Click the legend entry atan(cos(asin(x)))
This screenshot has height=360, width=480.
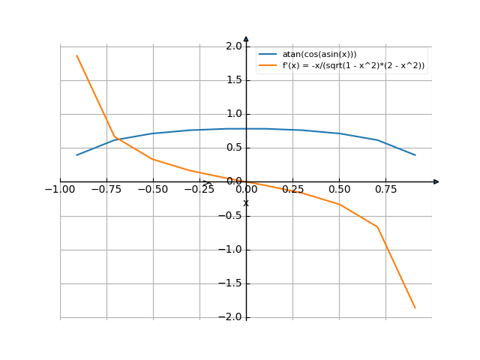[319, 54]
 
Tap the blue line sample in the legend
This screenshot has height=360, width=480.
[268, 54]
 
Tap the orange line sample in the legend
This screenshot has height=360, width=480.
[268, 65]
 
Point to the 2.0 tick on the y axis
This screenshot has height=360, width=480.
[233, 46]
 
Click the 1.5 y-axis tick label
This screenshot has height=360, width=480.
[233, 80]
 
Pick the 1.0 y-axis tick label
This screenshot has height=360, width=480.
[233, 114]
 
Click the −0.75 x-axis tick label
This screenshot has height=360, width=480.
[105, 190]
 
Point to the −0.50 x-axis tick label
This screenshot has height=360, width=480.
[151, 190]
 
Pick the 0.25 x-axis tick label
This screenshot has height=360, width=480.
[293, 190]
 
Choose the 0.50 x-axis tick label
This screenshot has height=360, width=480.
[340, 190]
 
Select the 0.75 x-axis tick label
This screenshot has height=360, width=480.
[386, 190]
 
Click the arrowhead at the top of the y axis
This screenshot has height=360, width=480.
[246, 38]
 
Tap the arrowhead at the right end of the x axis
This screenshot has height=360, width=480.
[436, 181]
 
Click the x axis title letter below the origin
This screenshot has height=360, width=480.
[245, 203]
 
